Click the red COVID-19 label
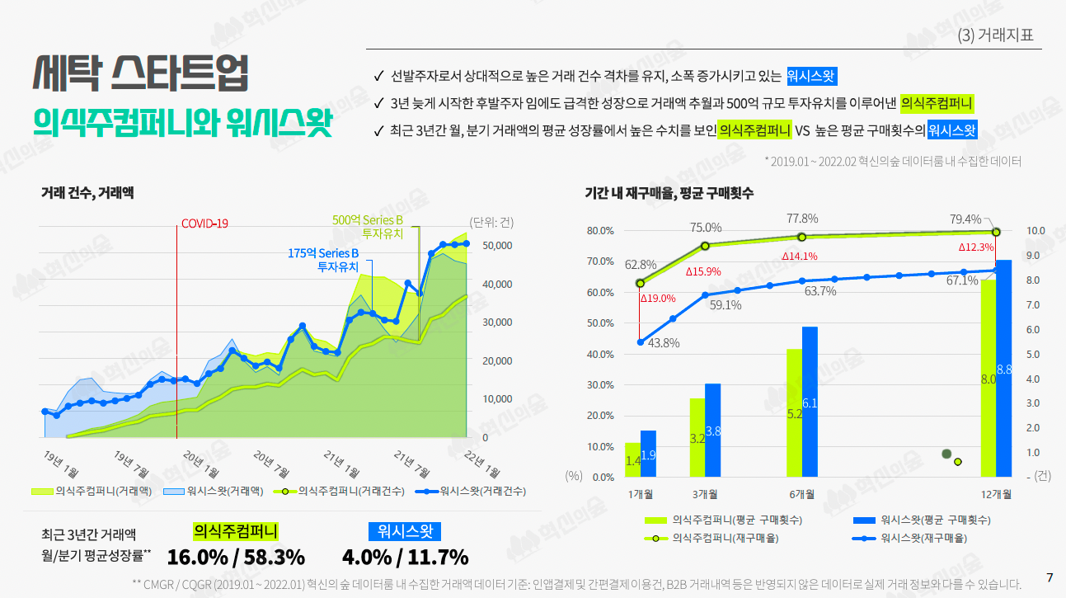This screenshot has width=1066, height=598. pyautogui.click(x=204, y=224)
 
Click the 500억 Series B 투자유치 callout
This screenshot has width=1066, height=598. pyautogui.click(x=368, y=227)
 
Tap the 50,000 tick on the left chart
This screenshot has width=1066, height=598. pyautogui.click(x=496, y=246)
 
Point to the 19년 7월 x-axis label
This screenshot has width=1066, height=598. pyautogui.click(x=131, y=464)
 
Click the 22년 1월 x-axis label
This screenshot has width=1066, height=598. pyautogui.click(x=481, y=464)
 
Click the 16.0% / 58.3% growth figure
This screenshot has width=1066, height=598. pyautogui.click(x=236, y=557)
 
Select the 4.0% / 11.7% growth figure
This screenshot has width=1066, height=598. pyautogui.click(x=405, y=557)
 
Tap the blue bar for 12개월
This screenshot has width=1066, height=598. pyautogui.click(x=1003, y=368)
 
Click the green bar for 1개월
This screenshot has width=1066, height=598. pyautogui.click(x=632, y=459)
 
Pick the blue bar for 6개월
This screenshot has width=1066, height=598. pyautogui.click(x=810, y=402)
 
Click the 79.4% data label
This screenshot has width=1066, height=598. pyautogui.click(x=965, y=219)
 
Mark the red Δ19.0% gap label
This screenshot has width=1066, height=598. pyautogui.click(x=658, y=299)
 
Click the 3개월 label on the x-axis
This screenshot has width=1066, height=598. pyautogui.click(x=705, y=494)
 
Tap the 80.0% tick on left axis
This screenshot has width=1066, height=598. pyautogui.click(x=600, y=231)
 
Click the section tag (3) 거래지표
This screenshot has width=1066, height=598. pyautogui.click(x=995, y=35)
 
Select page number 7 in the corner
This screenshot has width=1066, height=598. pyautogui.click(x=1050, y=577)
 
